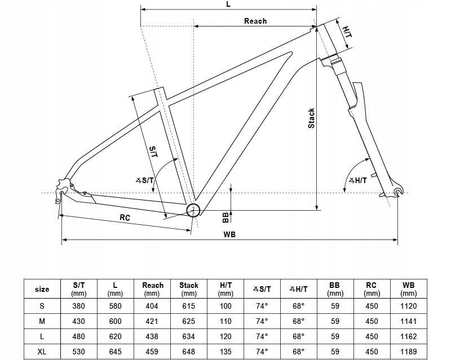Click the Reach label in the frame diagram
[255, 21]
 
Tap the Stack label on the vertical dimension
[311, 118]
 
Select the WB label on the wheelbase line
[229, 234]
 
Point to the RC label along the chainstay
[125, 217]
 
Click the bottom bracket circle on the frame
[193, 211]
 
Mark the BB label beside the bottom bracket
[225, 217]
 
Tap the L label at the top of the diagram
[228, 5]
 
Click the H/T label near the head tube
[347, 32]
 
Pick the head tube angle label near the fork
[358, 181]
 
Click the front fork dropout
[399, 192]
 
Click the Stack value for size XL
[189, 352]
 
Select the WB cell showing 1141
[408, 321]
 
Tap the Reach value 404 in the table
[152, 306]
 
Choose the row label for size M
[42, 321]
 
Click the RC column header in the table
[372, 289]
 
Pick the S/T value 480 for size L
[78, 336]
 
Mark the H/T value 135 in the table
[225, 352]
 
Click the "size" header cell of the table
[42, 289]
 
